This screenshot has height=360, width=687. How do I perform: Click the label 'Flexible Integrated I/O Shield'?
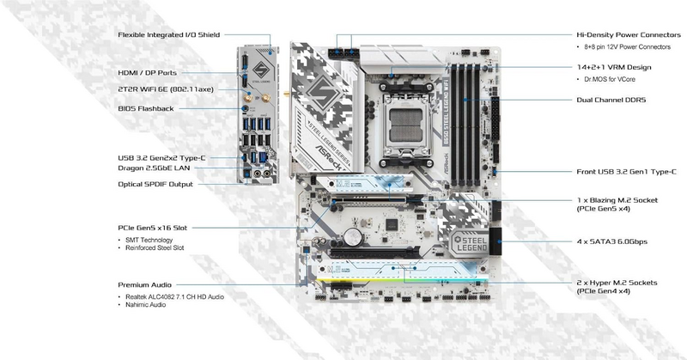(168, 35)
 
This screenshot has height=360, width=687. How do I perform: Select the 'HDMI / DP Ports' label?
(148, 73)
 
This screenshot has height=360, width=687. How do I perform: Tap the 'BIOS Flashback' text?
(145, 108)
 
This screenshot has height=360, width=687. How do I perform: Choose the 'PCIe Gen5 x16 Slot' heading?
(152, 228)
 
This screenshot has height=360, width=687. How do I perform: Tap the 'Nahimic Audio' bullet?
(148, 305)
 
